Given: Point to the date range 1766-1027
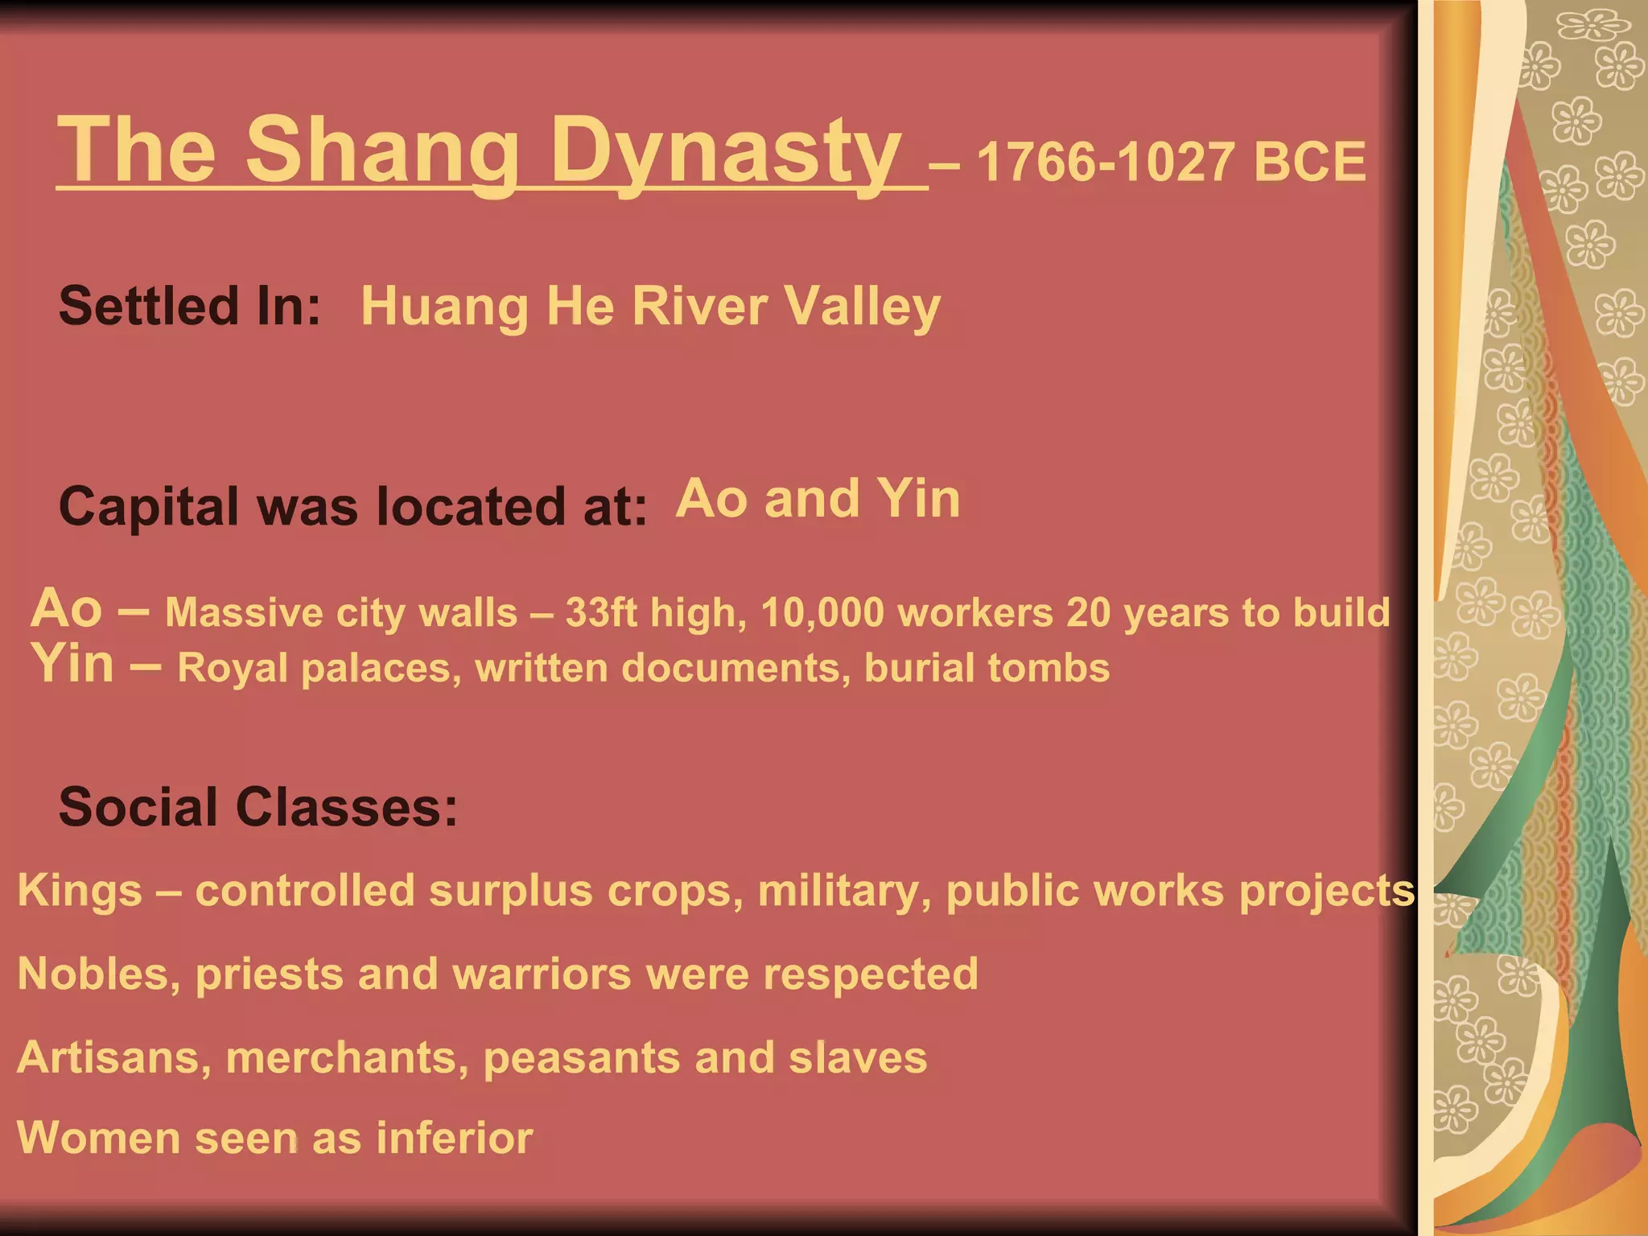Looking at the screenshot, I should point(1106,163).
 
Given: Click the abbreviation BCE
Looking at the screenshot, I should point(1309,163).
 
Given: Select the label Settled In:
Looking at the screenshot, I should point(190,307).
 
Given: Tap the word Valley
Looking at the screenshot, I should point(862,307).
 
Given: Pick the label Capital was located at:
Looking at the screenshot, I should point(352,507).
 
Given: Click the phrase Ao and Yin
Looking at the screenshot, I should point(818,499).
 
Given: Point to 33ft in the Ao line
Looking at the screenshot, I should point(601,613).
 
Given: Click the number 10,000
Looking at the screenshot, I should point(822,613).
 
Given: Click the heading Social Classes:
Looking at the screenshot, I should point(258,807).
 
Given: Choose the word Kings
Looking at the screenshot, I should point(80,891).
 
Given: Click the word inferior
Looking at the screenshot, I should point(454,1139).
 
